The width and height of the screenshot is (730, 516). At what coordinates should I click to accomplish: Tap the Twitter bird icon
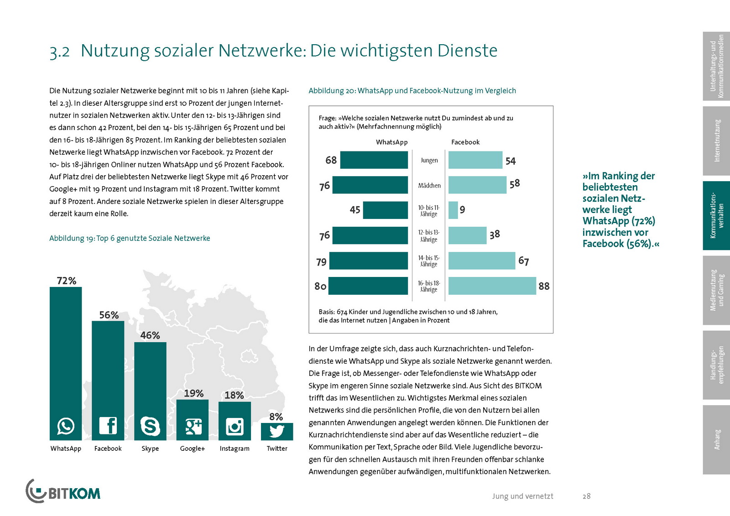point(277,431)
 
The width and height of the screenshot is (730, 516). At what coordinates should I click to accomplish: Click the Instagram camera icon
point(235,427)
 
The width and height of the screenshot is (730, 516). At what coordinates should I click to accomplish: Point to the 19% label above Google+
point(193,393)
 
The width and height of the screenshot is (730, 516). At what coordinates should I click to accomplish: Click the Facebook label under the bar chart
point(108,448)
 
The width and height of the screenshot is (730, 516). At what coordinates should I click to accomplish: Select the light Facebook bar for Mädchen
point(477,185)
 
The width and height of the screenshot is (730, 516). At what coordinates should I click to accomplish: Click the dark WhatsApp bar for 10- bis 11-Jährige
point(386,210)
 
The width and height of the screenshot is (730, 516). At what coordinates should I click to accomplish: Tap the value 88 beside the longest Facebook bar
point(544,286)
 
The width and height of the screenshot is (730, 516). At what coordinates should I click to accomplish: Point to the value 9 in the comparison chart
point(462,210)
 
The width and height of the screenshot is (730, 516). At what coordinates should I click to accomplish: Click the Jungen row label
point(429,161)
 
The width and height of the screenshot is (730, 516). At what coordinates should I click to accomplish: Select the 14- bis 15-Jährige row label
point(429,261)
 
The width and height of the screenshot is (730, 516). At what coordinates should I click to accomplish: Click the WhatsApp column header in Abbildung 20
point(391,142)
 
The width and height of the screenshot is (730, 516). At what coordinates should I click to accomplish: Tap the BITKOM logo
point(63,491)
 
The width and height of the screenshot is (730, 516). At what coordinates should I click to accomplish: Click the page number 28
point(586,496)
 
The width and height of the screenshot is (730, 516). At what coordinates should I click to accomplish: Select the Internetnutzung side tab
point(716,141)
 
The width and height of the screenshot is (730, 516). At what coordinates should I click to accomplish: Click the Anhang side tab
point(716,439)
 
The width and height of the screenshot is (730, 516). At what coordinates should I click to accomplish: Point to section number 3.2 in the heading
point(60,52)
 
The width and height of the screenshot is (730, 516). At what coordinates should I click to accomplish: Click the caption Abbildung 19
point(130,238)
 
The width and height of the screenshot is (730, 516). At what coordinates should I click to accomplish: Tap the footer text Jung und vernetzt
point(522,496)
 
